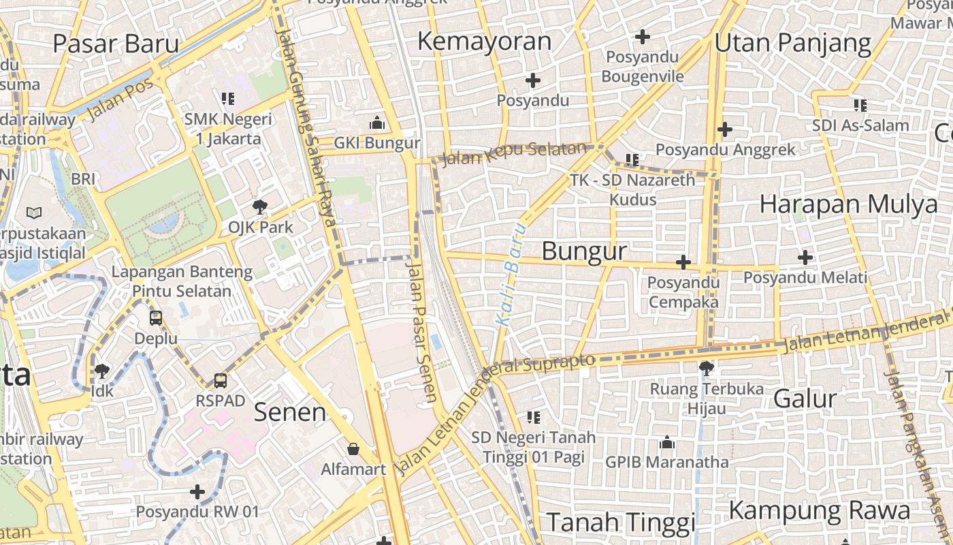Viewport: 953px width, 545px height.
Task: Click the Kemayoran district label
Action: coord(484,42)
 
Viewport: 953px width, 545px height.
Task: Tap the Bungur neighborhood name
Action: coord(584,251)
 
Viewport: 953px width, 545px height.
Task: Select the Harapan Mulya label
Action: coord(848,204)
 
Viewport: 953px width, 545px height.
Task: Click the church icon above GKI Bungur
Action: coord(377,123)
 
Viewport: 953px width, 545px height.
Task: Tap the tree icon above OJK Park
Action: coord(259,206)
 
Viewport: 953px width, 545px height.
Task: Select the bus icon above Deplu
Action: coord(156,318)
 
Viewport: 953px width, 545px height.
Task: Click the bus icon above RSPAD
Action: coord(221,380)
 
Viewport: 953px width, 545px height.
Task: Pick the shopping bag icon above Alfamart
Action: coord(353,449)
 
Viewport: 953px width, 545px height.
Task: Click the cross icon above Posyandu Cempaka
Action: coord(683,262)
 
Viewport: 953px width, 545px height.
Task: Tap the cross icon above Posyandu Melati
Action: coord(805,258)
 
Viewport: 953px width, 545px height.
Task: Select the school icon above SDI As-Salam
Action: coord(860,106)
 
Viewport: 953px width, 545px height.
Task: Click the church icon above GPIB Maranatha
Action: coord(667,443)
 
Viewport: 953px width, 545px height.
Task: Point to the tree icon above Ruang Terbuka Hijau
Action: coord(707,369)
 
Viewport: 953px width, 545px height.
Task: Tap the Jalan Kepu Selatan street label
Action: coord(514,154)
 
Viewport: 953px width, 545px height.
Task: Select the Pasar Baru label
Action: coord(116,44)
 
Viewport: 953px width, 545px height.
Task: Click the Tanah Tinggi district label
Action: coord(621,523)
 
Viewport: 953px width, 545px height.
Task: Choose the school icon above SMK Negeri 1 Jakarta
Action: coord(228,99)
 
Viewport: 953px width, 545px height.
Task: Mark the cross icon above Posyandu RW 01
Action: coord(197,491)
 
